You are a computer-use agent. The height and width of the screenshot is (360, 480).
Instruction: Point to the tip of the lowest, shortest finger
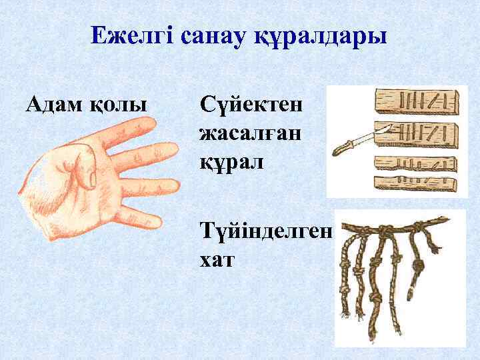tap(155, 222)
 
